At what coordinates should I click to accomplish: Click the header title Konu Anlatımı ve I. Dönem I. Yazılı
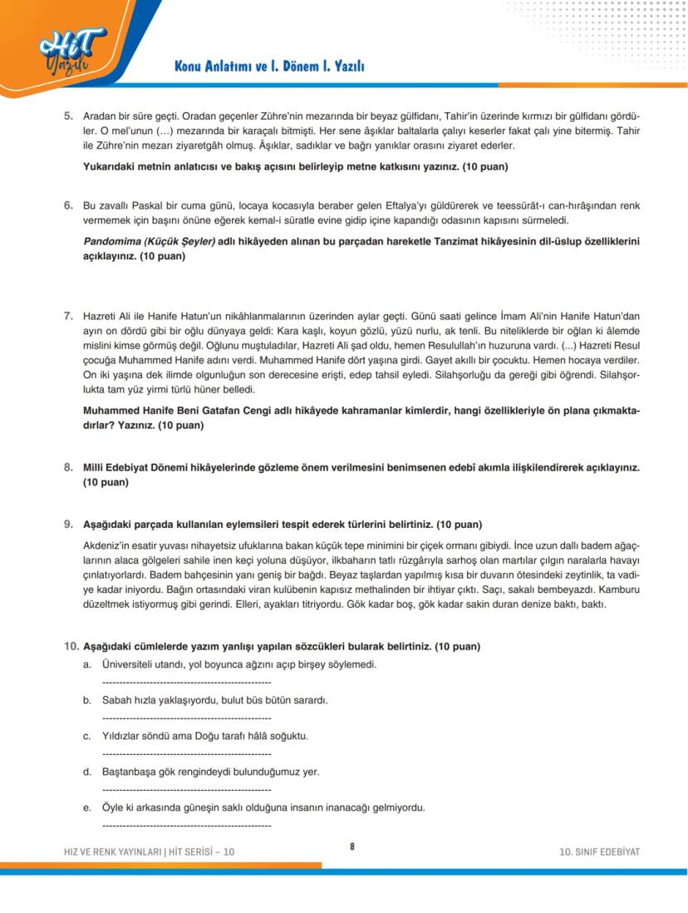[269, 66]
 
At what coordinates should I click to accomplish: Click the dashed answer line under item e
[186, 826]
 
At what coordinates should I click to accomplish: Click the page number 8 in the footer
[351, 846]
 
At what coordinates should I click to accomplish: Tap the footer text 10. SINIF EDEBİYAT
[600, 852]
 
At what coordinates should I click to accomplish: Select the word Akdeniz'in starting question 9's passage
[107, 545]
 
